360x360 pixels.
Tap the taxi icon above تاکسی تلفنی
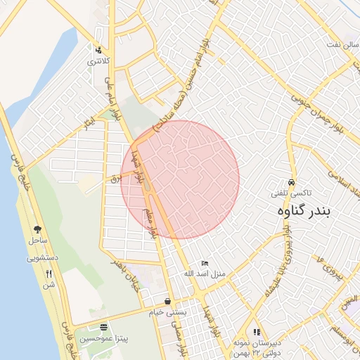click(292, 181)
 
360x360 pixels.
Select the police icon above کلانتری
click(98, 50)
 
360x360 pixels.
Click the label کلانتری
click(98, 61)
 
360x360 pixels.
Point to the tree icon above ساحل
click(37, 229)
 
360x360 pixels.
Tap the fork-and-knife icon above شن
click(49, 274)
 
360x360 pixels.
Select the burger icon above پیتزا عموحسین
click(104, 327)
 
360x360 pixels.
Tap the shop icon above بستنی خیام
click(167, 300)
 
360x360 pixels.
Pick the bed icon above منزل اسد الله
click(205, 262)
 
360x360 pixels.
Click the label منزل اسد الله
click(204, 273)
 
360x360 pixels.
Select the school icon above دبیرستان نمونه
click(257, 331)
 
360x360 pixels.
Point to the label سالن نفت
click(330, 44)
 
